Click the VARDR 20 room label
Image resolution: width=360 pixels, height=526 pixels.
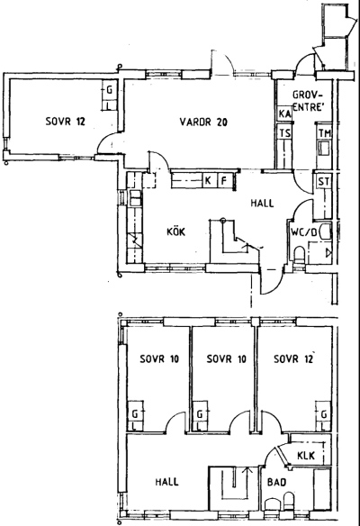click(203, 122)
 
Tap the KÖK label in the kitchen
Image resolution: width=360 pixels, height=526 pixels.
click(176, 231)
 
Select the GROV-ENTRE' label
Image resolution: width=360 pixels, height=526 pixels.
click(308, 101)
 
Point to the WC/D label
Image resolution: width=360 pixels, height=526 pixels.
click(303, 231)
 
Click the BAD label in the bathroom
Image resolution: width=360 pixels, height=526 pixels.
click(276, 483)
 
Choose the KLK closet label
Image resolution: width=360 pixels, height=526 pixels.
click(306, 455)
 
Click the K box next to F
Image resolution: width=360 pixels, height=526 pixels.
click(208, 181)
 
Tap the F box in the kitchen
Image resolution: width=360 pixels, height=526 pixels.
click(224, 181)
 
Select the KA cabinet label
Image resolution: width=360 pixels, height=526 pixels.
click(284, 114)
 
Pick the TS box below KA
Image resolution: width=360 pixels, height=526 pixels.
click(285, 133)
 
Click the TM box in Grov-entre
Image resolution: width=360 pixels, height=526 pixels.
click(325, 133)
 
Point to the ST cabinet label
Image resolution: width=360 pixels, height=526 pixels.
click(324, 182)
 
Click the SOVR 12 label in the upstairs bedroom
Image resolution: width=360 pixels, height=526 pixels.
click(293, 359)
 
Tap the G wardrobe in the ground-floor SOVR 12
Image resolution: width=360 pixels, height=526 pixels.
click(109, 90)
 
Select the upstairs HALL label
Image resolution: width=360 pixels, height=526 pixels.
click(166, 482)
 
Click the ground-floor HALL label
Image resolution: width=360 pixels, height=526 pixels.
click(262, 203)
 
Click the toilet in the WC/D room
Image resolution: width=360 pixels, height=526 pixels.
click(299, 255)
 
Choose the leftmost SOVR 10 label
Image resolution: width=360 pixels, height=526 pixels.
click(159, 359)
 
